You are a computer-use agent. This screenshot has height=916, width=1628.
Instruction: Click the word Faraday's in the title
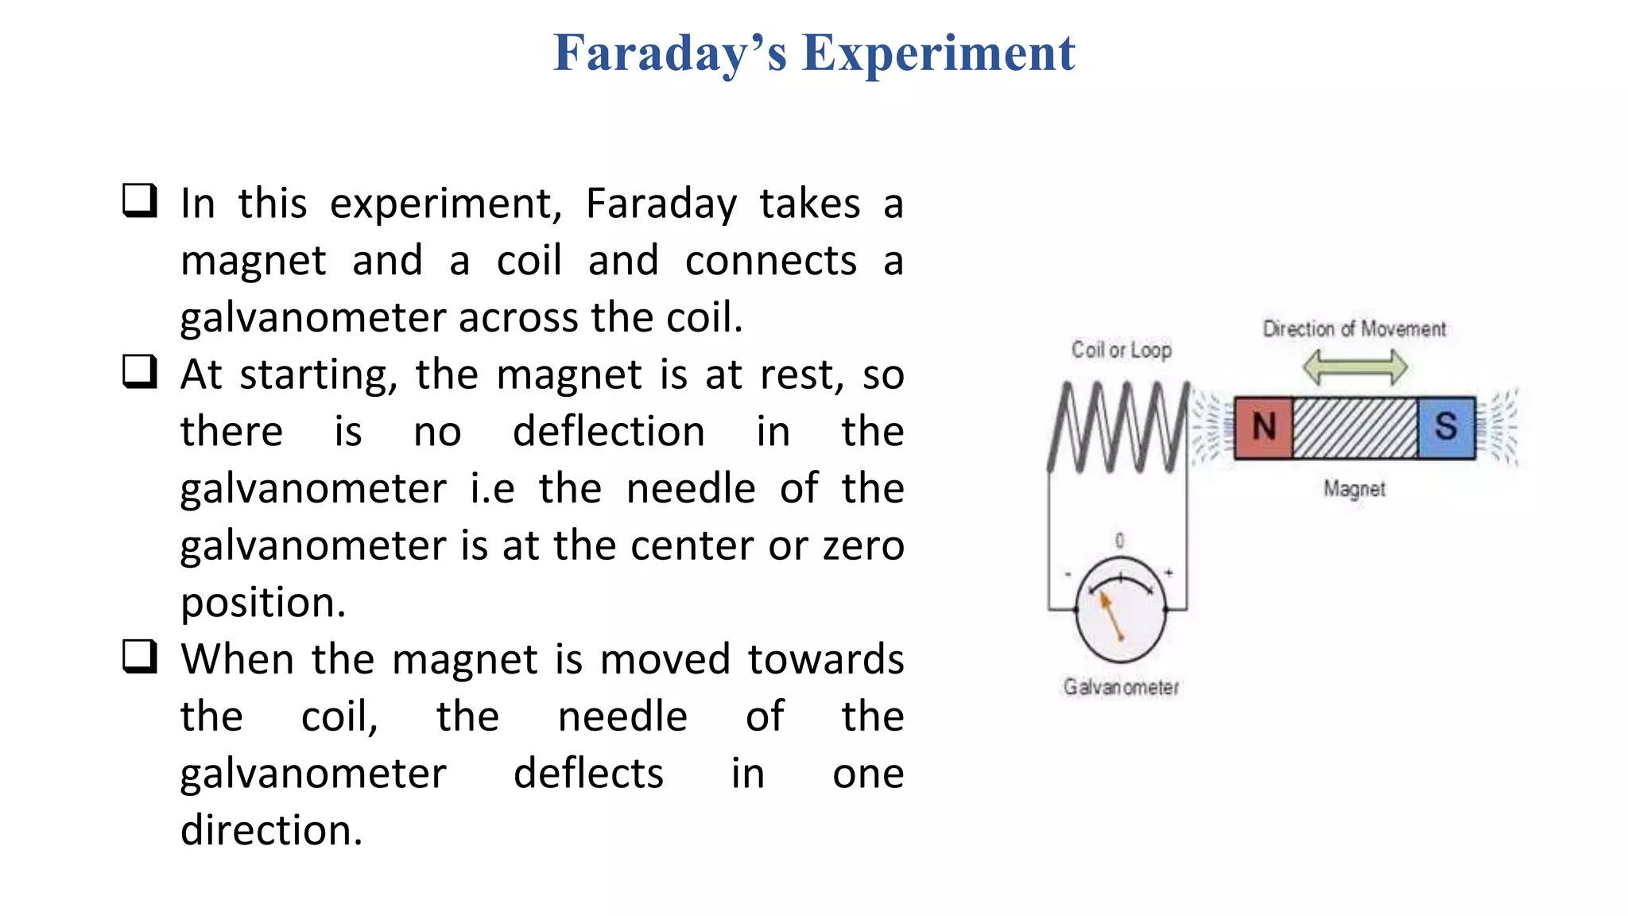pos(669,53)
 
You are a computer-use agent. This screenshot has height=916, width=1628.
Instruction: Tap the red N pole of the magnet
pos(1263,427)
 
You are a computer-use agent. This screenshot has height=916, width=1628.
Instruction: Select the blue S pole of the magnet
pos(1446,427)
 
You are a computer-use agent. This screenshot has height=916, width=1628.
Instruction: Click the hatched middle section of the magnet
pos(1355,428)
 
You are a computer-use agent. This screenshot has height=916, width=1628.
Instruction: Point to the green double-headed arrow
pos(1355,368)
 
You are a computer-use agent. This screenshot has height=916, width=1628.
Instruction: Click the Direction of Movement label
pos(1355,329)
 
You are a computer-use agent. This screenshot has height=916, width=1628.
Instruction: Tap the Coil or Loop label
pos(1121,350)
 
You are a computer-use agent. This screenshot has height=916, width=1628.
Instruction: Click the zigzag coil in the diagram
pos(1119,428)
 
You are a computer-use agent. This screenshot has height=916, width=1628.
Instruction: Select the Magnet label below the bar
pos(1355,489)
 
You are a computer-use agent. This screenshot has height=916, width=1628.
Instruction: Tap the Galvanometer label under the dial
pos(1121,687)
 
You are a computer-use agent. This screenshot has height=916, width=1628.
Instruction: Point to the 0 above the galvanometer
pos(1120,541)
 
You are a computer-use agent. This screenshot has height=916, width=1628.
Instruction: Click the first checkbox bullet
pos(140,200)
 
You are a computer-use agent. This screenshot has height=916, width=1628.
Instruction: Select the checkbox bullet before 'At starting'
pos(140,371)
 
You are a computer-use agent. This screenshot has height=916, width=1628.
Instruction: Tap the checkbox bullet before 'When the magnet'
pos(140,657)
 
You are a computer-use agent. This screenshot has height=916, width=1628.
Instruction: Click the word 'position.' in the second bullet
pos(263,602)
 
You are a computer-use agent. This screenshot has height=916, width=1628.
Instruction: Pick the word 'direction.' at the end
pos(271,830)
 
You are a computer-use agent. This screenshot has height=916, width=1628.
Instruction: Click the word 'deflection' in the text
pos(608,432)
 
